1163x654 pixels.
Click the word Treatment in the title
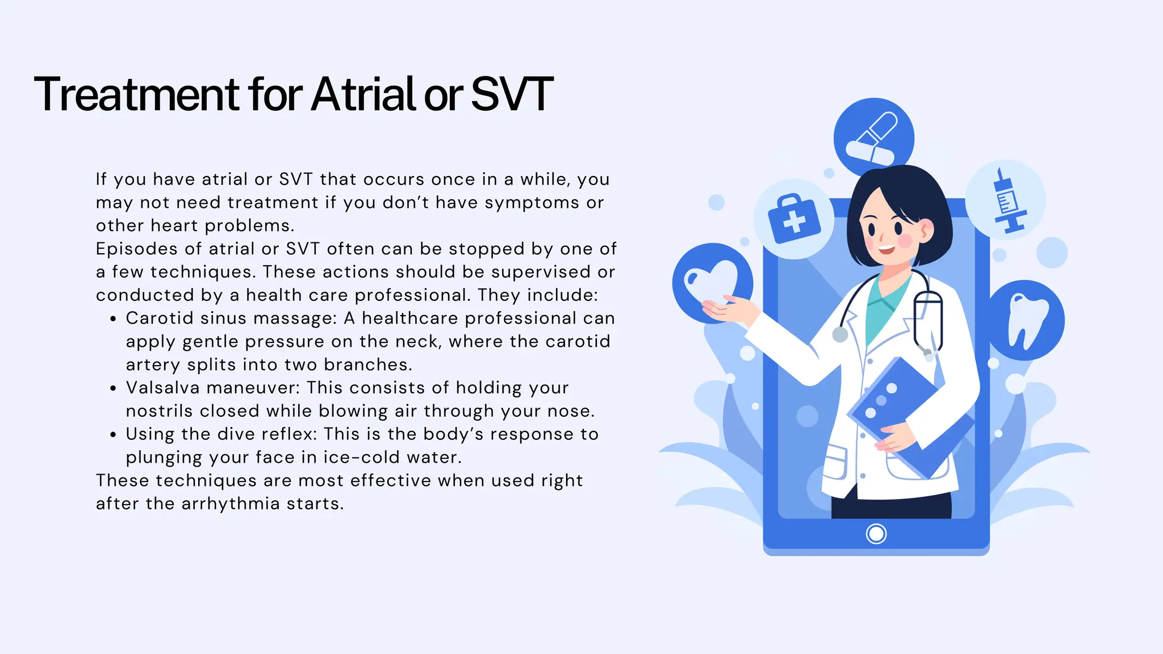click(x=136, y=94)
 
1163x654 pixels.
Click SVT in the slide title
click(x=511, y=94)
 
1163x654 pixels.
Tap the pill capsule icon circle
click(x=873, y=137)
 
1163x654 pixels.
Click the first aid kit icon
click(x=794, y=219)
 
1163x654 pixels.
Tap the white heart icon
click(x=711, y=282)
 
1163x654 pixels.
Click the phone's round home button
click(x=876, y=534)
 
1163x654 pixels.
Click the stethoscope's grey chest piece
click(x=840, y=334)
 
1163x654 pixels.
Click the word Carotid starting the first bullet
click(x=159, y=318)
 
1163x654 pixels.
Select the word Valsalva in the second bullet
click(x=162, y=388)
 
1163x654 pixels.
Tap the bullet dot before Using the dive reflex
click(x=113, y=435)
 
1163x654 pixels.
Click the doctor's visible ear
click(x=926, y=230)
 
